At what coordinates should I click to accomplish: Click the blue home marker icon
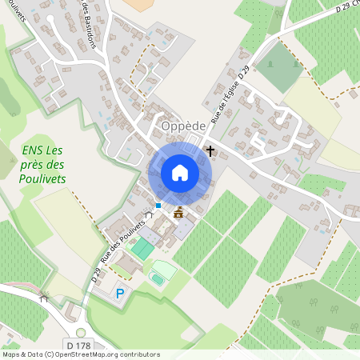[180, 173]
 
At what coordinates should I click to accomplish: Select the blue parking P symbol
[121, 294]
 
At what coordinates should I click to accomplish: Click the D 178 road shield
[78, 345]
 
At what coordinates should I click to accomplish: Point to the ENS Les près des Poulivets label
[43, 164]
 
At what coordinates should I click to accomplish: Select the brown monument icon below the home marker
[178, 212]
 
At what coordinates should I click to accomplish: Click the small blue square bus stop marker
[158, 206]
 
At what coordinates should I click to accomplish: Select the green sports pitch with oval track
[162, 273]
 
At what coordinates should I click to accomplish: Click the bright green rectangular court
[142, 248]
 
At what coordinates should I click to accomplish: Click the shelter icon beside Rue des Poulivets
[146, 215]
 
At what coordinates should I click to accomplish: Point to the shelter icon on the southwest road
[44, 298]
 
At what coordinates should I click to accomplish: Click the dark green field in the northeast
[279, 66]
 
